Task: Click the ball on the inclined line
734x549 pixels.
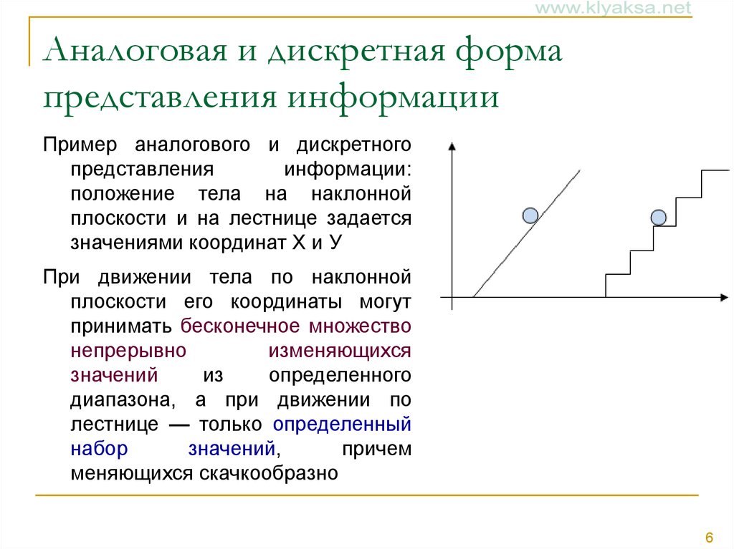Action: coord(530,215)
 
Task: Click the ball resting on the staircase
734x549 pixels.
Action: coord(659,218)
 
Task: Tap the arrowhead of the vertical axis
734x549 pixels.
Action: coord(452,146)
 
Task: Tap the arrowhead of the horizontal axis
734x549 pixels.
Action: coord(724,298)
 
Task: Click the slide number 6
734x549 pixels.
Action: coord(709,537)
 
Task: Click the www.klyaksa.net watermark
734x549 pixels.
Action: coord(614,7)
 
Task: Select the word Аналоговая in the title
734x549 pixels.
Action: coord(135,50)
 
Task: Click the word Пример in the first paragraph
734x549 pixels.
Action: coord(80,145)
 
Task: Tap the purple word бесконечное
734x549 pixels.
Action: coord(240,326)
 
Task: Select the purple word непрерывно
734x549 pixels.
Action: coord(128,351)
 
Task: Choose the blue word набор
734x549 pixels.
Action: coord(99,449)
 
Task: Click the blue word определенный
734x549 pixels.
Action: coord(342,424)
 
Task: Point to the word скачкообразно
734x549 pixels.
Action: coord(269,473)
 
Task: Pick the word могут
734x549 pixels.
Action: coord(385,302)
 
